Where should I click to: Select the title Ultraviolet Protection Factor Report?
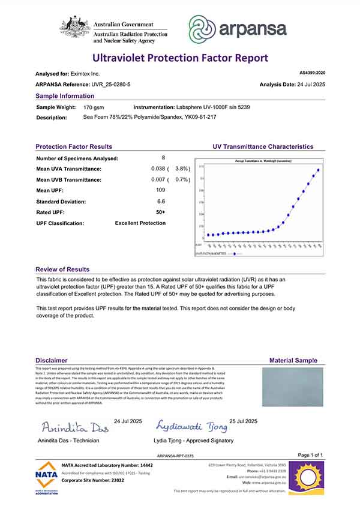(179, 58)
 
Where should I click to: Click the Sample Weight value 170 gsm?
(94, 106)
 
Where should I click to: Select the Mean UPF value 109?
(161, 190)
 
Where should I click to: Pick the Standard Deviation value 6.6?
(161, 201)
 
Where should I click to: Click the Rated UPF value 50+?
(161, 212)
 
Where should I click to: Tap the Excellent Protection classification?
(140, 223)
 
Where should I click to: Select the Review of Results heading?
(62, 270)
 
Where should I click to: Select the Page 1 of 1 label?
(310, 455)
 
